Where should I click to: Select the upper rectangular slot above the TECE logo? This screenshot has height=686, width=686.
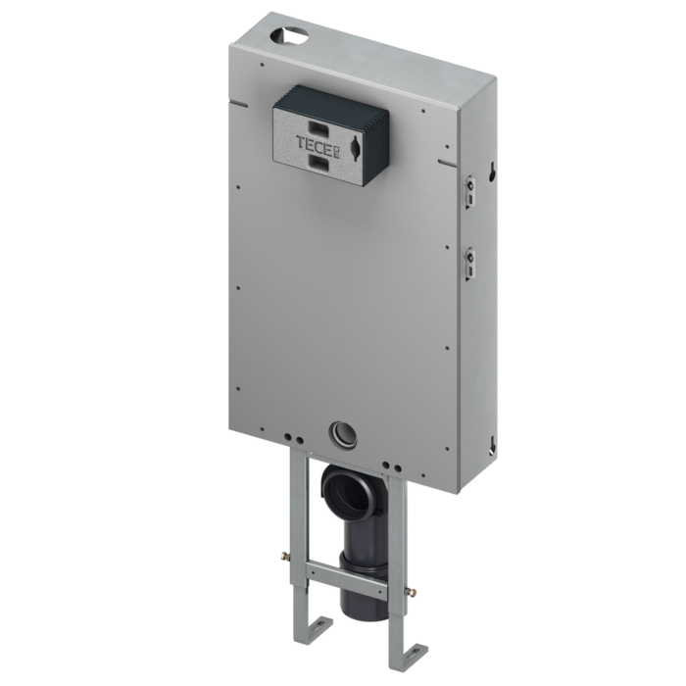(x=319, y=125)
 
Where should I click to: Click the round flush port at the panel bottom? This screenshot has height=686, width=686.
(x=341, y=432)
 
